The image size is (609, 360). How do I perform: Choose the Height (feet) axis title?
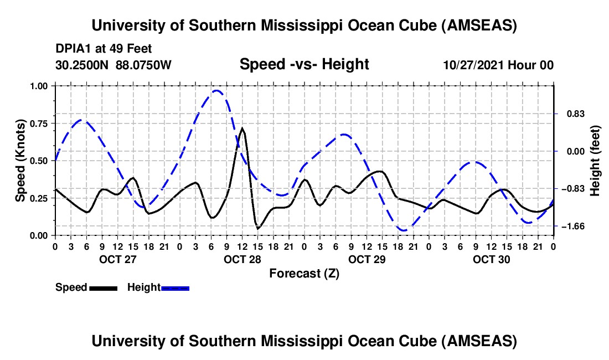coord(596,161)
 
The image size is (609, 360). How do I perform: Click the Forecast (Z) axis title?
coord(304,273)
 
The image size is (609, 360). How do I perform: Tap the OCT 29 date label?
coord(367,259)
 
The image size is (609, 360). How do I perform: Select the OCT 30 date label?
coord(492,259)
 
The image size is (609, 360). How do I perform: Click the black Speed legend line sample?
coord(103,288)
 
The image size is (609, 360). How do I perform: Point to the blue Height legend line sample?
coord(176,288)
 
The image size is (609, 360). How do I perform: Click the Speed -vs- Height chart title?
coord(304,65)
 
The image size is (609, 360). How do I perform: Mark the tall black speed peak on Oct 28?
coord(242,128)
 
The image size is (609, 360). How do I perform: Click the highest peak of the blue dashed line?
coord(216,91)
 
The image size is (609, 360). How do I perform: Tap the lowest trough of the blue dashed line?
coord(404,230)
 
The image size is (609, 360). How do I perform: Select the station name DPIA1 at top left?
coord(75,49)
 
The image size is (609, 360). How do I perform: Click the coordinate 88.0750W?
coord(143,65)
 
